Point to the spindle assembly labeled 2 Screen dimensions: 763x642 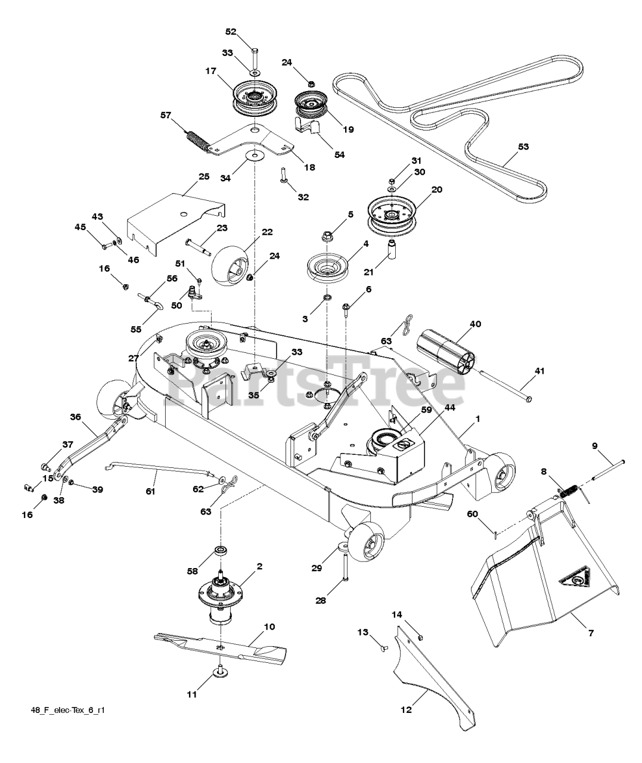click(x=224, y=596)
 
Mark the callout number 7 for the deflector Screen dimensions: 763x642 click(x=591, y=633)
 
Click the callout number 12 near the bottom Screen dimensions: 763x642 click(x=406, y=709)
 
